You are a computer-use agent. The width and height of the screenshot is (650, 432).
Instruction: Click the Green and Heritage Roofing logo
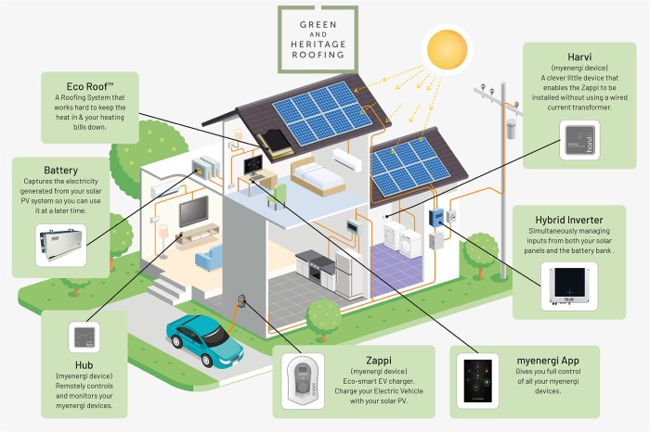[318, 38]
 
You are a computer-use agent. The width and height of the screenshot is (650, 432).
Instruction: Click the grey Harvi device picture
[584, 140]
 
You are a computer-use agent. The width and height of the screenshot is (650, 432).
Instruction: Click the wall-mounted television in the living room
[194, 212]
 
